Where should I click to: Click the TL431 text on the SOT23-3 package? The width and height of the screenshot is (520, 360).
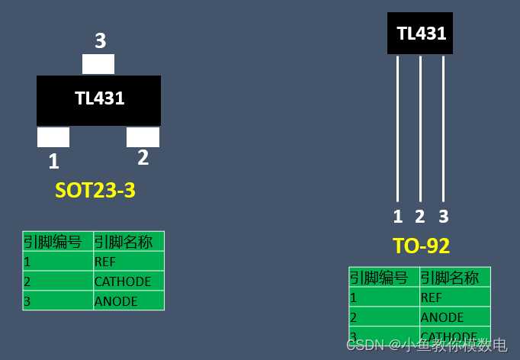pyautogui.click(x=99, y=98)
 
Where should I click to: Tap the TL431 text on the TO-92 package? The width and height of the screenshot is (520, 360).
pyautogui.click(x=421, y=34)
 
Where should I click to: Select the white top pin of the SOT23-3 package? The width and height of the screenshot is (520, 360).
pyautogui.click(x=98, y=64)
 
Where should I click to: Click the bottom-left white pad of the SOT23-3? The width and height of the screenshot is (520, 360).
pyautogui.click(x=53, y=137)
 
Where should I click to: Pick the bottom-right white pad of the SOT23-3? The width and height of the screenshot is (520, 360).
pyautogui.click(x=143, y=137)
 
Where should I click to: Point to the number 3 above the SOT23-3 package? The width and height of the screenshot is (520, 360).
pyautogui.click(x=100, y=40)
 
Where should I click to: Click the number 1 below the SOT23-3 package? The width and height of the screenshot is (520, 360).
pyautogui.click(x=53, y=162)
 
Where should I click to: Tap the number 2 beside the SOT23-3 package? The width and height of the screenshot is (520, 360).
pyautogui.click(x=143, y=158)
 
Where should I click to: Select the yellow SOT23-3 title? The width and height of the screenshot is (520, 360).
pyautogui.click(x=95, y=190)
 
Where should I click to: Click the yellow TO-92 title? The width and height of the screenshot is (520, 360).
pyautogui.click(x=421, y=246)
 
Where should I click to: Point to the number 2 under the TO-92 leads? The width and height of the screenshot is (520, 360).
pyautogui.click(x=420, y=217)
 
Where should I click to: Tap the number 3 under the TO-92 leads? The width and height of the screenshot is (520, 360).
pyautogui.click(x=444, y=217)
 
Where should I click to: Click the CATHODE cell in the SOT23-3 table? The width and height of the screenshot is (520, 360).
pyautogui.click(x=123, y=281)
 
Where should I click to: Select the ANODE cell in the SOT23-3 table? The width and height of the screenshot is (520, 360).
pyautogui.click(x=116, y=301)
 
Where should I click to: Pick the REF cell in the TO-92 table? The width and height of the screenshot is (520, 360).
pyautogui.click(x=432, y=297)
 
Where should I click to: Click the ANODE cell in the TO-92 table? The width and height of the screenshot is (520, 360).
pyautogui.click(x=442, y=317)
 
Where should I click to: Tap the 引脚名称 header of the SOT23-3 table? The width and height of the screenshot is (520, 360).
pyautogui.click(x=124, y=242)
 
